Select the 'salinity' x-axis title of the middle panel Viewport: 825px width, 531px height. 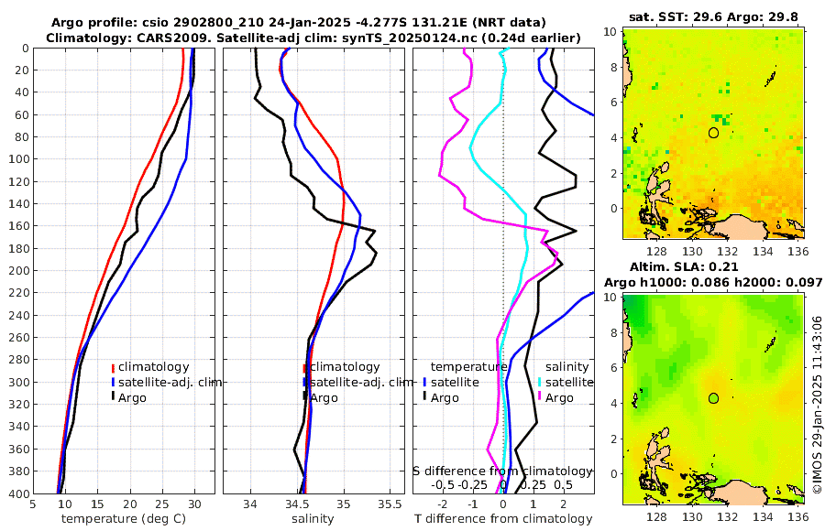[x=313, y=519]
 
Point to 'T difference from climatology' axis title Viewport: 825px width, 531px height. [x=503, y=519]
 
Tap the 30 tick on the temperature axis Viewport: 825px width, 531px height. [x=194, y=504]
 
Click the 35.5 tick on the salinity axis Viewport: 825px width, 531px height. [x=390, y=504]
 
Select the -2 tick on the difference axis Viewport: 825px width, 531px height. [x=443, y=504]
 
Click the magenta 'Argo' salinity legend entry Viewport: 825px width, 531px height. [x=557, y=397]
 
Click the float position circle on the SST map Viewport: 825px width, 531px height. [x=713, y=133]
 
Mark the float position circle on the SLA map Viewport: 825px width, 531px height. [x=713, y=398]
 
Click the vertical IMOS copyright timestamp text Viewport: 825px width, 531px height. [x=817, y=404]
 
